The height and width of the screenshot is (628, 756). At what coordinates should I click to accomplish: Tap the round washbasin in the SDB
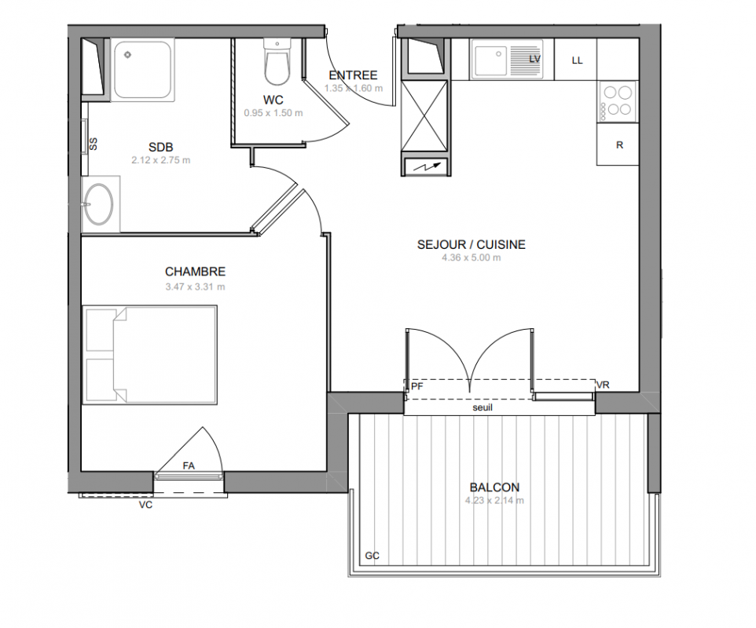pos(98,204)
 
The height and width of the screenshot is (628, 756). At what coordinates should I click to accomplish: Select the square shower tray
pos(142,70)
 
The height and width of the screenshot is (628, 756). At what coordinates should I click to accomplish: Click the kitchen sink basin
pos(490,60)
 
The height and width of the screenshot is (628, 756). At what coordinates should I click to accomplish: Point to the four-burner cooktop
pos(618,101)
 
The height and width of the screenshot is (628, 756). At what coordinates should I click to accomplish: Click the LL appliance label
pos(577,60)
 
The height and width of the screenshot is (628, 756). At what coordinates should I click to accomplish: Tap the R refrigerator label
pos(619,145)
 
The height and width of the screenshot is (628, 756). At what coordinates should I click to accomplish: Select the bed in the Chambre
pos(149,355)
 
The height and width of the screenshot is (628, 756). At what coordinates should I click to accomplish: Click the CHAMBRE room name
pos(195,272)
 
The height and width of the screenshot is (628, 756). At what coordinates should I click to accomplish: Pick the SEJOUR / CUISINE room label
pos(471,245)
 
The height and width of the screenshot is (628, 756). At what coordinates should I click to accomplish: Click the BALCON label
pos(494,487)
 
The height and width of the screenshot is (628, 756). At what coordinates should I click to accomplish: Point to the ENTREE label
pos(353,75)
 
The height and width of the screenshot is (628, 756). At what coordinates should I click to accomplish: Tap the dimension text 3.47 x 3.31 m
pos(195,287)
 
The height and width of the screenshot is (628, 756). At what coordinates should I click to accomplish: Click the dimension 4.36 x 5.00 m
pos(471,257)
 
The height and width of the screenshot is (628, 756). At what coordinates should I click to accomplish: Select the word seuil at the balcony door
pos(483,407)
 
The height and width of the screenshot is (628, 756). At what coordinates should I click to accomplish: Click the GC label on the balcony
pos(372,556)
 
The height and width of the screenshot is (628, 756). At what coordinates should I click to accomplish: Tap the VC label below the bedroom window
pos(145,505)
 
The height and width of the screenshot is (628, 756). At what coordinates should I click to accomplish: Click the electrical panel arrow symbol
pos(426,167)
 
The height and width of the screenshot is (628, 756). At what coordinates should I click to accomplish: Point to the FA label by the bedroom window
pos(189,466)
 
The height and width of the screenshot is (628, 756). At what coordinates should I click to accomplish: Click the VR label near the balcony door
pos(603,385)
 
